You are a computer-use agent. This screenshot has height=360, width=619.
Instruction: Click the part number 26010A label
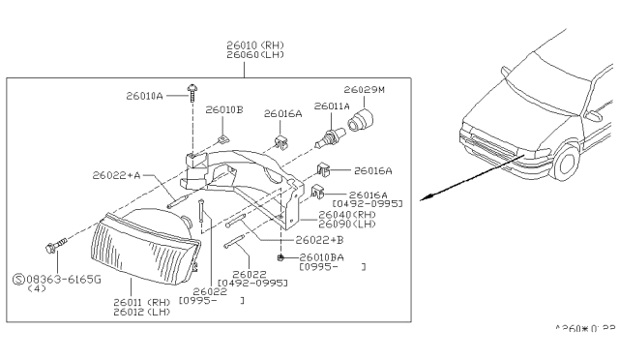click(x=144, y=96)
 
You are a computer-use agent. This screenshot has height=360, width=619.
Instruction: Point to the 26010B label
click(x=223, y=110)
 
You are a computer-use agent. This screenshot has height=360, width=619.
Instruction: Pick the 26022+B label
click(x=323, y=239)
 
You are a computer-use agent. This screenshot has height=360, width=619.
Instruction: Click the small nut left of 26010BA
click(x=280, y=258)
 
